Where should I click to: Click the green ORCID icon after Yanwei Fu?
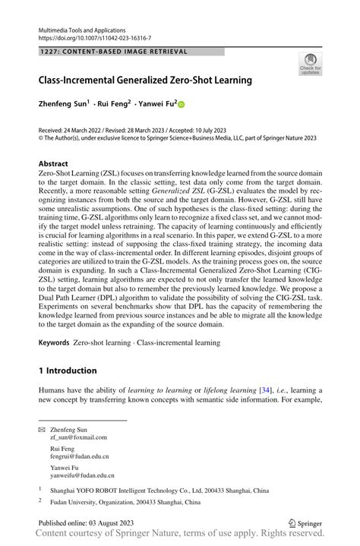[182, 105]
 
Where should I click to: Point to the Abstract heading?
[54, 163]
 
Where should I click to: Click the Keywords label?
[55, 343]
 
